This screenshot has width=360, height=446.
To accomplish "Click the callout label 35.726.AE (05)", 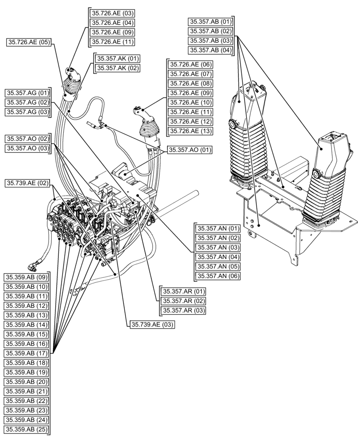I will pos(29,42).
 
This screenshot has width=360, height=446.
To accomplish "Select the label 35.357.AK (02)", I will pos(115,68).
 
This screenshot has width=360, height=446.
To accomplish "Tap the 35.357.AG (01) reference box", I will pos(28,93).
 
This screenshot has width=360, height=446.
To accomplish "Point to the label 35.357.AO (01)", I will pos(189,149).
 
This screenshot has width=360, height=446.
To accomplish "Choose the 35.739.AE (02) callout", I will pos(28,182).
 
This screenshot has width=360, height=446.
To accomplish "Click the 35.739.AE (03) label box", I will pos(152,324).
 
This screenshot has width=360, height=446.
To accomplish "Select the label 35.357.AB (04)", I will pos(211,50).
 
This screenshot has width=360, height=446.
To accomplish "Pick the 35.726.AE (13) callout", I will pos(189,131).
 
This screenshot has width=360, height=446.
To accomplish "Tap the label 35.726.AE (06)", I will pos(189,64).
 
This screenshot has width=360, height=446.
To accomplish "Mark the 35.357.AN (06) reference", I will pos(218,276).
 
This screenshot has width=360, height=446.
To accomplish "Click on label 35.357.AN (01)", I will pos(218,228).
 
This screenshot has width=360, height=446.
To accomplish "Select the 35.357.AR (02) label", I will pos(184,301).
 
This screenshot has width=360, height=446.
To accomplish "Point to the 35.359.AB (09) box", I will pos(26,277).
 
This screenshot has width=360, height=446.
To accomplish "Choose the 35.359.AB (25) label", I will pos(26,429).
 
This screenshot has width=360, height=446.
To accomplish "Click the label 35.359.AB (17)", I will pos(26,353).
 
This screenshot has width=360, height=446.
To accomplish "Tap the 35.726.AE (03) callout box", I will pos(112,13).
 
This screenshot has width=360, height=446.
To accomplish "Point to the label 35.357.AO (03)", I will pos(28,148).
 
